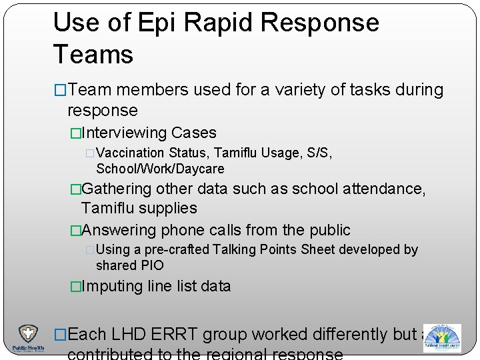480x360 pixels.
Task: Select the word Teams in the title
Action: pos(93,54)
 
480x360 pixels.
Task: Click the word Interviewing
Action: pos(123,133)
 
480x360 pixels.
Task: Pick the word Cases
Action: pos(194,133)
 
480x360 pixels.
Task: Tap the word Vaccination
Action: pos(133,153)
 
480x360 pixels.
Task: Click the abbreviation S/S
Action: pos(317,153)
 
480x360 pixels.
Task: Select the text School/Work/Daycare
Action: pos(160,169)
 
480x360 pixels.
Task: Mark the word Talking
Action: pos(235,249)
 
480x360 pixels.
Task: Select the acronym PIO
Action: pos(152,265)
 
